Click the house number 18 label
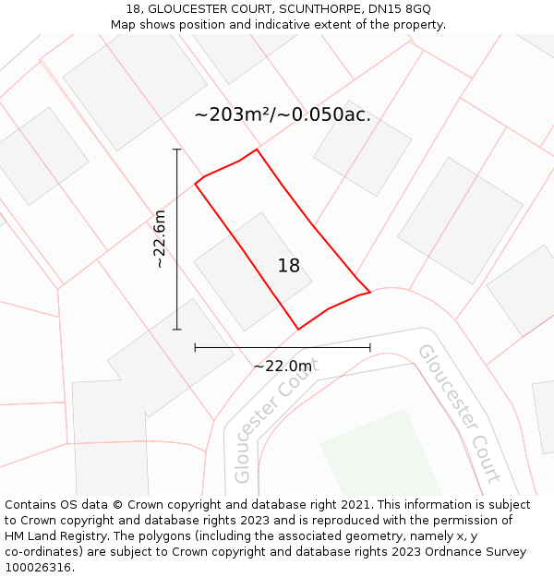coord(289,266)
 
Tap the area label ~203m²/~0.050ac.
coord(283,114)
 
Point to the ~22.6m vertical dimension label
coord(160,239)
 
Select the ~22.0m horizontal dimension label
coord(283,367)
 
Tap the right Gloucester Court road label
coord(459,413)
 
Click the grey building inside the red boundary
coord(252,270)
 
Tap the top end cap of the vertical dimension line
coord(176,150)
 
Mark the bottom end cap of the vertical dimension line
coord(176,329)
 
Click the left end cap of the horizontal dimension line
coord(195,347)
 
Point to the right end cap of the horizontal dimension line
coord(370,347)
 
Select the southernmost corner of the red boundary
coord(298,329)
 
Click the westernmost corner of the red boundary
coord(195,184)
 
